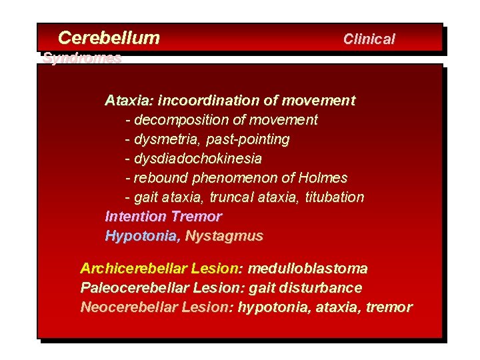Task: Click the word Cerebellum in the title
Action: pos(109,38)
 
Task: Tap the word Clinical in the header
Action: pos(369,39)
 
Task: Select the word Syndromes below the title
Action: pos(82,58)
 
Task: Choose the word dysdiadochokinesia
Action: pos(197,159)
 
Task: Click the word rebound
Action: pos(161,178)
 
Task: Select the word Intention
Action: pos(135,217)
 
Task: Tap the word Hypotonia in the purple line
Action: pos(141,236)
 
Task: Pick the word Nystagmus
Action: pos(224,236)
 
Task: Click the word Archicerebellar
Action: pos(133,269)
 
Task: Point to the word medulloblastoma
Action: pos(307,269)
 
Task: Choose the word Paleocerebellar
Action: pos(133,288)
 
